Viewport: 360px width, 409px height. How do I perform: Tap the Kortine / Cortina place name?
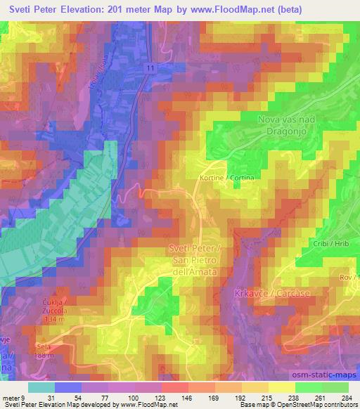pos(225,178)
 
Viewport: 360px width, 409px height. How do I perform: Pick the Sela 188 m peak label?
pos(48,351)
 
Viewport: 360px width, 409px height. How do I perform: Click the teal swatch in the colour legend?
pos(41,387)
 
